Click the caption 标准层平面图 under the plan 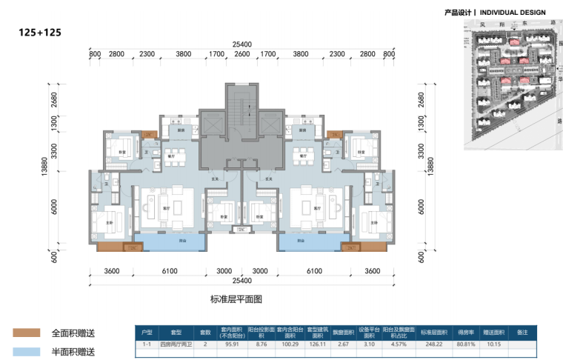point(236,299)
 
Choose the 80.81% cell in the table point(465,344)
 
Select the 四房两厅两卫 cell point(176,344)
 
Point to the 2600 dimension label point(241,54)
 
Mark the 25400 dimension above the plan point(242,44)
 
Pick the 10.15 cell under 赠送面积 point(495,344)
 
